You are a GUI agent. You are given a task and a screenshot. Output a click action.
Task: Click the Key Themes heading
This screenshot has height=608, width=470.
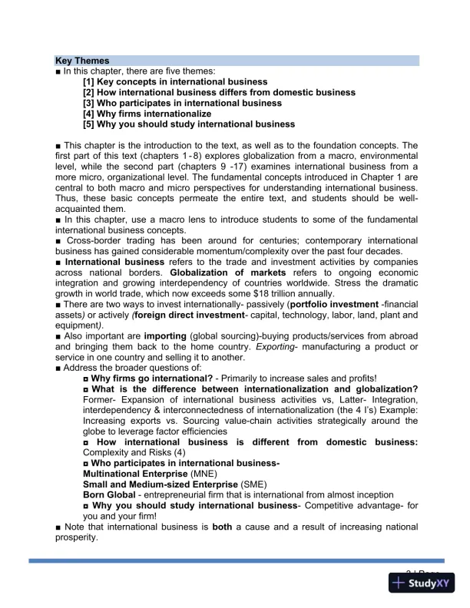tap(82, 60)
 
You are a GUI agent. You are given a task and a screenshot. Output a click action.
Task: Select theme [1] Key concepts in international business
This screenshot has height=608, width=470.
tap(175, 81)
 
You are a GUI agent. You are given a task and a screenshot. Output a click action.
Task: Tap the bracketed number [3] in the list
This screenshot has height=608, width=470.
tap(89, 103)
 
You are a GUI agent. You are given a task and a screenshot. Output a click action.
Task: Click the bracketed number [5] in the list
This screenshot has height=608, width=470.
tap(89, 124)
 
